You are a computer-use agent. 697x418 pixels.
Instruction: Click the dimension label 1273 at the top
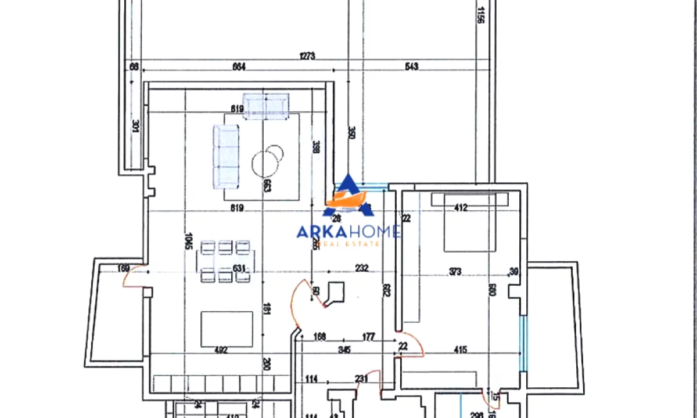307,56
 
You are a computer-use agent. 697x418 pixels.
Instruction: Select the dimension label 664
239,67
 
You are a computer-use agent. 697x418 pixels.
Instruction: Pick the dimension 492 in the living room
221,350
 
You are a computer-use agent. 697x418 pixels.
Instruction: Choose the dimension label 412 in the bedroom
461,208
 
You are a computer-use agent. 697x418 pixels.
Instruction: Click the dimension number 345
345,350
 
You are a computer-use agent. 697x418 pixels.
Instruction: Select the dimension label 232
361,268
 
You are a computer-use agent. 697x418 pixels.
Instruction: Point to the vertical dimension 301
135,126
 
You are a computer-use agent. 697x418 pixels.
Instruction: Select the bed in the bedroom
471,224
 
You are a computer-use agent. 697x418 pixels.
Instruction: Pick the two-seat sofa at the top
265,106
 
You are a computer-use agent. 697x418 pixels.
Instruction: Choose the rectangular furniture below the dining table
227,328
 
